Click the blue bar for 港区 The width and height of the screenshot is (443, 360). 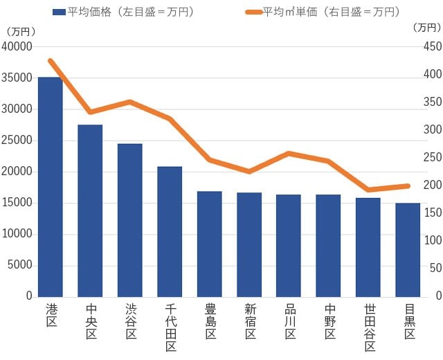51,187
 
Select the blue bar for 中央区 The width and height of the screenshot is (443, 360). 90,210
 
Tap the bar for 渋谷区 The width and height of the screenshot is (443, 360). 129,220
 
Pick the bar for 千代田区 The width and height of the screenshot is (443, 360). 170,231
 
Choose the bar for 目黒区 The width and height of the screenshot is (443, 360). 408,250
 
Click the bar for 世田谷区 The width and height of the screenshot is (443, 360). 368,247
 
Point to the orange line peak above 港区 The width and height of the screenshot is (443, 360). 51,61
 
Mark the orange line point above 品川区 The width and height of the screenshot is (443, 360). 289,153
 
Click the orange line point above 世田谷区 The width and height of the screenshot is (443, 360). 368,190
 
